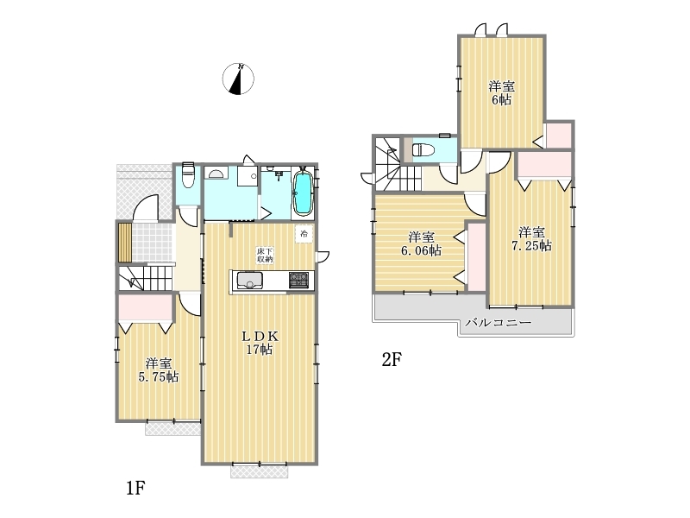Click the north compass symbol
tap(238, 79)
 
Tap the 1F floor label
tap(135, 488)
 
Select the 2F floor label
tap(392, 360)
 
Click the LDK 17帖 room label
tap(260, 343)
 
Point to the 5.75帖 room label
tap(159, 370)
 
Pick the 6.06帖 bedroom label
tap(421, 243)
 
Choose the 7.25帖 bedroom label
tap(531, 238)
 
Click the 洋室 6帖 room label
tap(502, 93)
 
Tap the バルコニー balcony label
tap(499, 322)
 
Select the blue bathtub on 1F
tap(303, 193)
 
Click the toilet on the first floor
tap(188, 175)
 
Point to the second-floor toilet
tap(423, 150)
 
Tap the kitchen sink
tap(250, 281)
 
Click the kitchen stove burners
tap(298, 280)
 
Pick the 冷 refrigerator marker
tap(304, 233)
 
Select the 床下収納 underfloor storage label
tap(265, 256)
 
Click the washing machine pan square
tap(248, 176)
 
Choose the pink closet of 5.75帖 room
tap(145, 308)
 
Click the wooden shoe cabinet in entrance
tap(125, 243)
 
